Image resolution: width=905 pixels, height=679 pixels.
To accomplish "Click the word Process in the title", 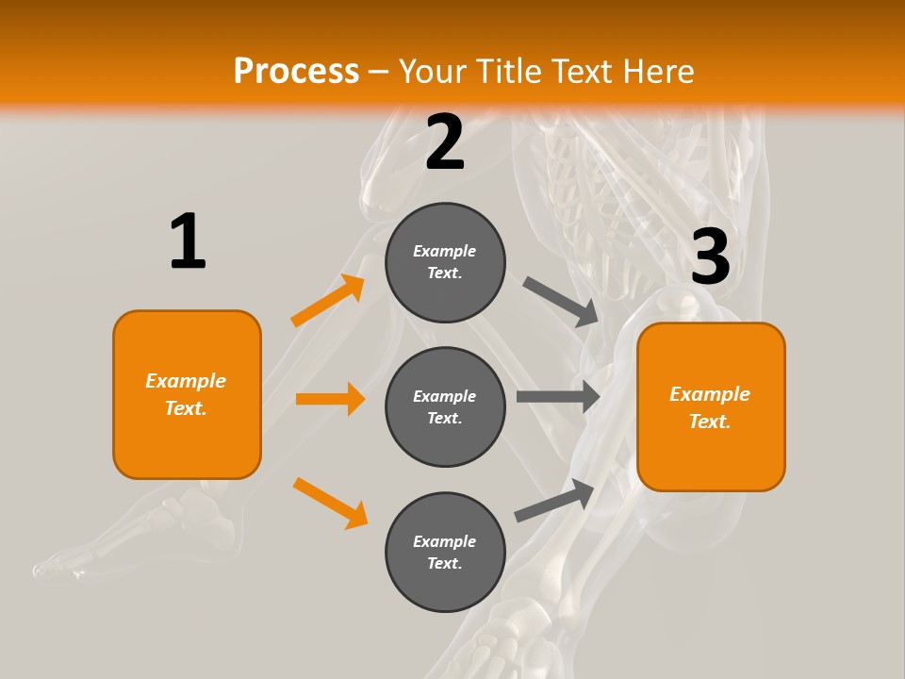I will click(x=296, y=71).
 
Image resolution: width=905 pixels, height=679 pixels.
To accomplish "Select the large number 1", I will click(x=188, y=241).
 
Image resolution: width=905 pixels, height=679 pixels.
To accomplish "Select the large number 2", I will click(x=445, y=142).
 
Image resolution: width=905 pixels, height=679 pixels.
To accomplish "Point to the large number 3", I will click(x=710, y=257).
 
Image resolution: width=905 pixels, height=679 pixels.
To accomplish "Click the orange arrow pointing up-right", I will click(x=328, y=301).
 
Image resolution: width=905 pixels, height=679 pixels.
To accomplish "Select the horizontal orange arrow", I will click(x=330, y=399).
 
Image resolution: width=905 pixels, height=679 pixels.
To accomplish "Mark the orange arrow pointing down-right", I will click(x=330, y=503).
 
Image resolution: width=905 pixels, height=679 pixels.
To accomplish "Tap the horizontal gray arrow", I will click(x=558, y=396).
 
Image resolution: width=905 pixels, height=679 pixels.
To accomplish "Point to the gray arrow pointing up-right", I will click(x=554, y=500).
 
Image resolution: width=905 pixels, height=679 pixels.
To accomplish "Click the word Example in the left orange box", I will click(x=186, y=381).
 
